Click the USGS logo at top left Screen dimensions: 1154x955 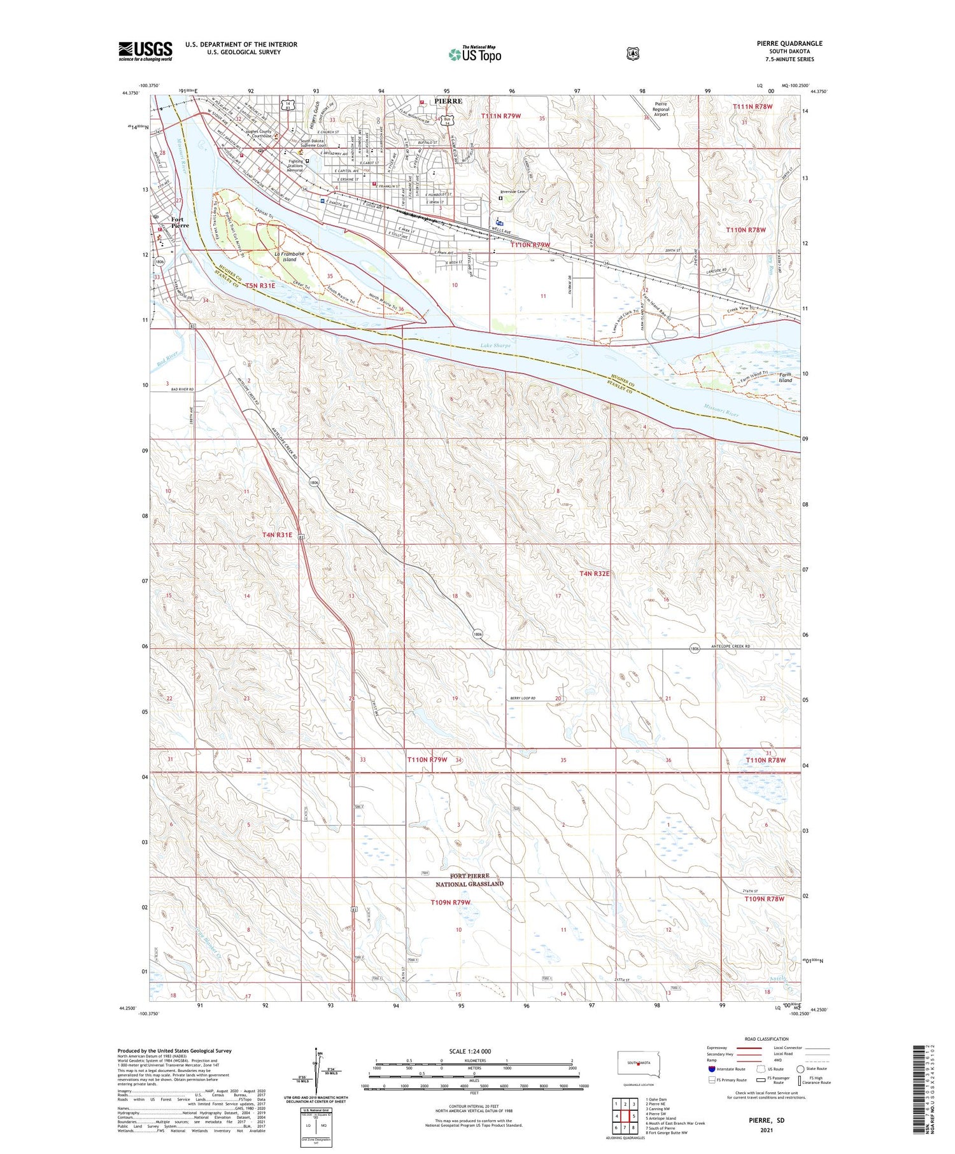pos(145,51)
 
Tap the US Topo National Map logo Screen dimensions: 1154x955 pos(475,54)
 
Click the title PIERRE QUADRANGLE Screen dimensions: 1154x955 pos(789,43)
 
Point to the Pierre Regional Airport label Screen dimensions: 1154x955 pos(661,109)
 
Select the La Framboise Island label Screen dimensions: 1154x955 pos(290,257)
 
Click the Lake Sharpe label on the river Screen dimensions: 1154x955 pos(495,346)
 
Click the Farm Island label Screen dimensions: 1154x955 pos(785,377)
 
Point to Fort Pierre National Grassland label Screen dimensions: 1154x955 pos(469,880)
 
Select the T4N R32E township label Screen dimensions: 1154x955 pos(594,573)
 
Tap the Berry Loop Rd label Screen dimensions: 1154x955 pos(522,698)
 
